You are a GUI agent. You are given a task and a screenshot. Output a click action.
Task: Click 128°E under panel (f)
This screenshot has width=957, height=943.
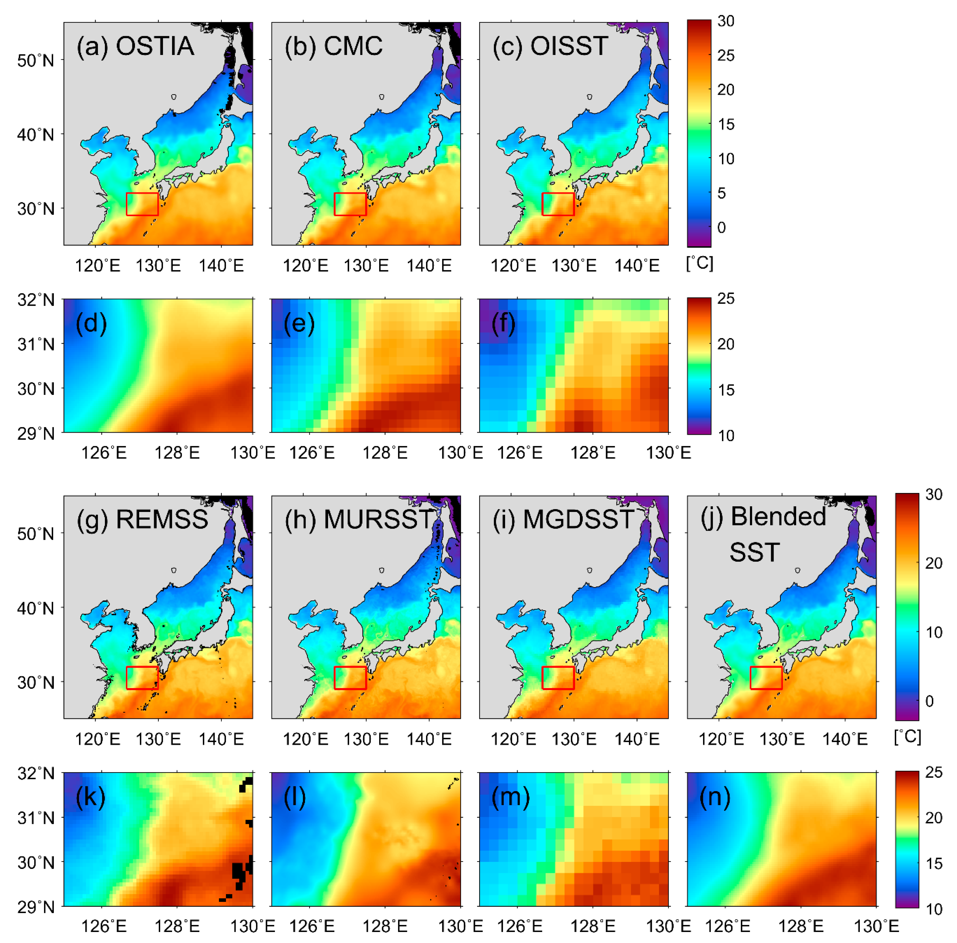point(593,452)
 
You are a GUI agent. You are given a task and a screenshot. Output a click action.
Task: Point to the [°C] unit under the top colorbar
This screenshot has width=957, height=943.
point(700,263)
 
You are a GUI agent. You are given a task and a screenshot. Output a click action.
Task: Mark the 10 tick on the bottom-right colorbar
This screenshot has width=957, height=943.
point(934,909)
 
